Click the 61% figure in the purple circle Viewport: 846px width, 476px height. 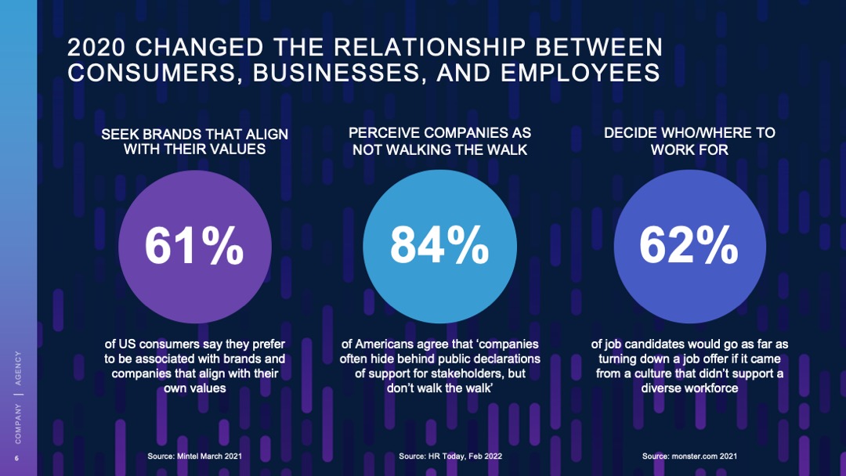(x=194, y=246)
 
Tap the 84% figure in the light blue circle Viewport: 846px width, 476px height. (x=439, y=246)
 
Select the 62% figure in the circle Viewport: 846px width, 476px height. (x=689, y=246)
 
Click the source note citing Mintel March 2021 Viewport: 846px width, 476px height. (x=194, y=456)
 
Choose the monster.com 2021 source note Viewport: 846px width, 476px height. (x=689, y=456)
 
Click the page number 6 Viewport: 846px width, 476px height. (x=16, y=458)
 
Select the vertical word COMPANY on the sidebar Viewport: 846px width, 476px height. (x=18, y=422)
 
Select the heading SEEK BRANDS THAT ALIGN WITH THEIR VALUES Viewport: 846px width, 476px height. (x=194, y=142)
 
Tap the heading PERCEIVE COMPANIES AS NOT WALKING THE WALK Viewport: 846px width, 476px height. (x=439, y=141)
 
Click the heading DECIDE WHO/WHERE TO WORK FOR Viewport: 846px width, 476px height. (x=689, y=141)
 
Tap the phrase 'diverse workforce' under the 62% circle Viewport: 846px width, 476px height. (x=689, y=388)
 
